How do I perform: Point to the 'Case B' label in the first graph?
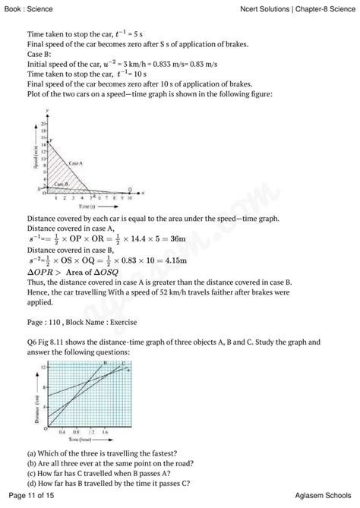click(62, 185)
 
